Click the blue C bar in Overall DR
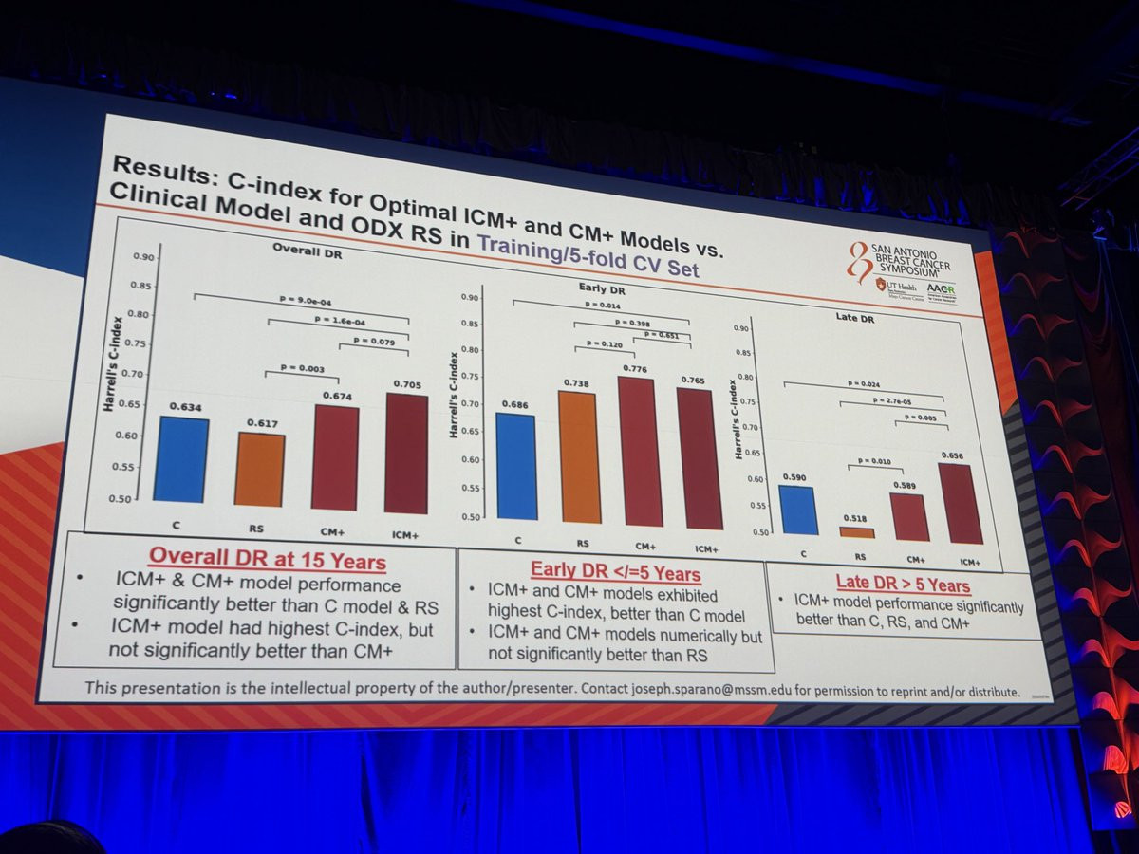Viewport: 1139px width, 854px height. coord(181,459)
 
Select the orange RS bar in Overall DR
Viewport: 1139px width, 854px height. coord(259,469)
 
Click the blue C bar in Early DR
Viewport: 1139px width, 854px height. coord(516,466)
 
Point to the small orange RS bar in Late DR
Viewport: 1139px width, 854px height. coord(857,532)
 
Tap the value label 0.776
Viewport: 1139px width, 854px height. coord(638,368)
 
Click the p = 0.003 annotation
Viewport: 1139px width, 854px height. coord(302,367)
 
